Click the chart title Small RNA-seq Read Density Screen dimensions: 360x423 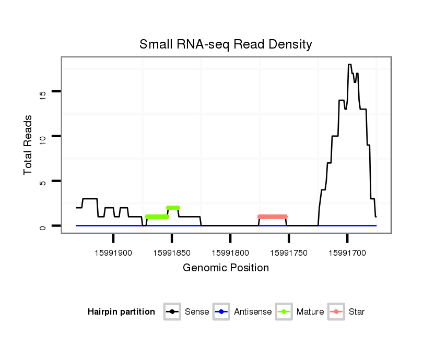226,44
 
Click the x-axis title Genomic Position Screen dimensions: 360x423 226,268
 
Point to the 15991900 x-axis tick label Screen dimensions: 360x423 113,253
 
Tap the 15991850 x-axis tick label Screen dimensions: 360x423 172,253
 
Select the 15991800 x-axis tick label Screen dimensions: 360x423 230,253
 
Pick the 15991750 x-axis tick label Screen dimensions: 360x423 289,253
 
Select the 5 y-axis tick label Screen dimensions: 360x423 43,182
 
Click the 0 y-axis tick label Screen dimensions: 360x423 43,226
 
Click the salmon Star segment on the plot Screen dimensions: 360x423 273,217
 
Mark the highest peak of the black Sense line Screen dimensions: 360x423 349,65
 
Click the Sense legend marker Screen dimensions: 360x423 172,312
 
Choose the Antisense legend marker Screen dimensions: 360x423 221,312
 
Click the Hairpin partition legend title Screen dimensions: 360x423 121,312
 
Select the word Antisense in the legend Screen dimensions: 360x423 253,312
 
